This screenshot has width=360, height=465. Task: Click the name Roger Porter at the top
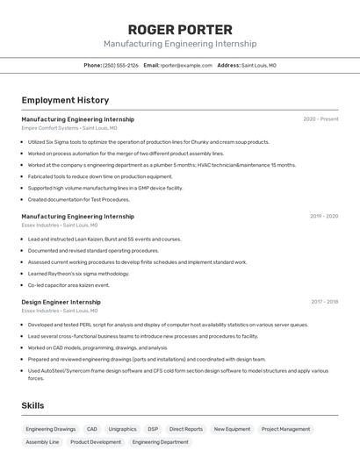180,29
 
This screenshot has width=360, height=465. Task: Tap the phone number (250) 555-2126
120,65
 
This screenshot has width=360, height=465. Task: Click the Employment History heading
65,100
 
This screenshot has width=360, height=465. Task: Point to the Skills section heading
32,405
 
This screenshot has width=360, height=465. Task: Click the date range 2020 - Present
320,119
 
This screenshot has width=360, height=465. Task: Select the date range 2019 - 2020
324,216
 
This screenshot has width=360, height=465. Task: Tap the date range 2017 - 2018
324,302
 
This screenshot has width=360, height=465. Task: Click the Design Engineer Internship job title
61,302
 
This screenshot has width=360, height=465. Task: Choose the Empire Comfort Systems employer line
69,128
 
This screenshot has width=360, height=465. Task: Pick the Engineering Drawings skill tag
51,429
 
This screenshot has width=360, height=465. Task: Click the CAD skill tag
92,429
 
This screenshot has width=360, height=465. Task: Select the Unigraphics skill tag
122,429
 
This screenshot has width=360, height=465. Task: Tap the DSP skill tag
153,429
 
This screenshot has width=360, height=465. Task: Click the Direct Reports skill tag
186,429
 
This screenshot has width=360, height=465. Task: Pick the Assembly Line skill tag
42,442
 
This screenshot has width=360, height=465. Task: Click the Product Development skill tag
96,442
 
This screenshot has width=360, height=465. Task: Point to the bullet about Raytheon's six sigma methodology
78,274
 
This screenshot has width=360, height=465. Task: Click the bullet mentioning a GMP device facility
105,188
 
